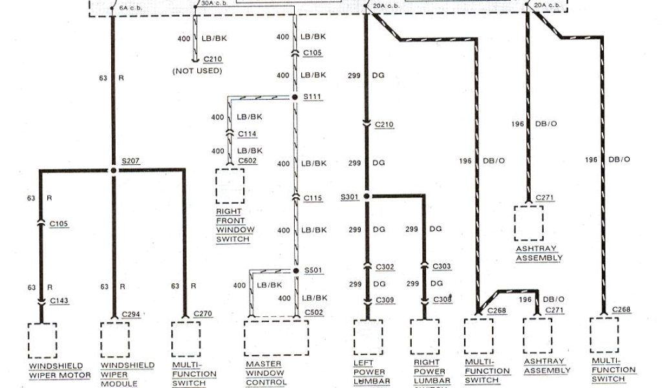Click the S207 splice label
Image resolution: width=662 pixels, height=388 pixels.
tap(131, 160)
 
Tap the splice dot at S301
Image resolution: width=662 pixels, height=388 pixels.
tap(366, 195)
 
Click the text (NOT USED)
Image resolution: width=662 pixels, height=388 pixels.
tap(197, 70)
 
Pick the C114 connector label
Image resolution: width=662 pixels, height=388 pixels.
tap(248, 133)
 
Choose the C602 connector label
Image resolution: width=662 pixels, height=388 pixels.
tap(247, 160)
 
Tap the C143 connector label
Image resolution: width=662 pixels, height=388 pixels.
tap(59, 300)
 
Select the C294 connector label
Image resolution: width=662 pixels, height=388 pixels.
tap(131, 314)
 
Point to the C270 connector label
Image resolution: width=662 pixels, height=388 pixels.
tap(203, 314)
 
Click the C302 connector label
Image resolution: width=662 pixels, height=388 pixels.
tap(386, 266)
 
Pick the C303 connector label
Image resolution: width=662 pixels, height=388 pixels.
tap(443, 266)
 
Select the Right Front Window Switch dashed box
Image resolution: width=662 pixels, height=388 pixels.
tap(230, 186)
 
